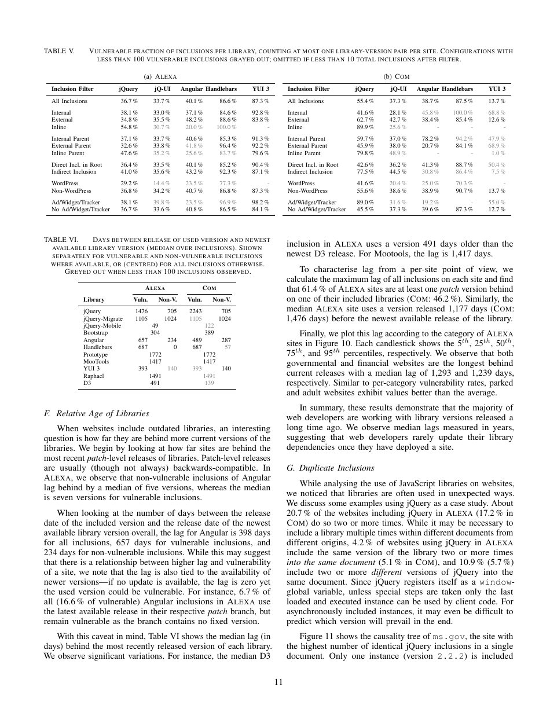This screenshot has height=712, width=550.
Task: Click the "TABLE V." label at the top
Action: pos(59,51)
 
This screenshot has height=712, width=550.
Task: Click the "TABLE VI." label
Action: pos(61,240)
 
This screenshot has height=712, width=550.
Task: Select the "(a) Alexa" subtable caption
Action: pos(160,76)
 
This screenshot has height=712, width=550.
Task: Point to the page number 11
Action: pos(278,682)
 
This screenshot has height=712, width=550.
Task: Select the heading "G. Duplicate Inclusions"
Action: pos(331,468)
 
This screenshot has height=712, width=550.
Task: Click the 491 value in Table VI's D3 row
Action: pos(155,383)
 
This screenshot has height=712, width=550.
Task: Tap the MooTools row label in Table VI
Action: pos(95,361)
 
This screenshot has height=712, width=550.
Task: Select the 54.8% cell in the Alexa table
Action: pos(129,127)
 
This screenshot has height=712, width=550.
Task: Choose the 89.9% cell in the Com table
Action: pos(365,127)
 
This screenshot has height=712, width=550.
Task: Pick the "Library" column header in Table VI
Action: pos(94,299)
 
